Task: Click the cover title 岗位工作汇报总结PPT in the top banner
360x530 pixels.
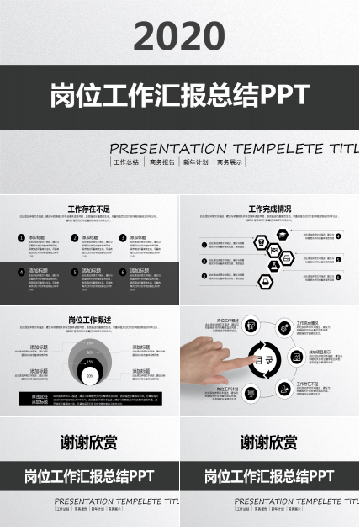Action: pyautogui.click(x=179, y=94)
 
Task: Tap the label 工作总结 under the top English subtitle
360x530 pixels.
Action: pyautogui.click(x=126, y=162)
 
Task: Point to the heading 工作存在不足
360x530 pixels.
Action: pyautogui.click(x=89, y=209)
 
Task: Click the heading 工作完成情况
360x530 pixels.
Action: pyautogui.click(x=270, y=209)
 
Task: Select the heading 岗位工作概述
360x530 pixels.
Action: pyautogui.click(x=89, y=320)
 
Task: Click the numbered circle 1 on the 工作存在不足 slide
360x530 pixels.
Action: pyautogui.click(x=21, y=238)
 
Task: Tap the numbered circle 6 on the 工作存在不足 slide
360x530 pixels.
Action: pyautogui.click(x=122, y=272)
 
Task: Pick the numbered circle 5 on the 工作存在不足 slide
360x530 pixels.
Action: pyautogui.click(x=74, y=272)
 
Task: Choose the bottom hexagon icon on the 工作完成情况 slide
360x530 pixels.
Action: pyautogui.click(x=264, y=283)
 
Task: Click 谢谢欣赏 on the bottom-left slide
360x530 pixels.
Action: pyautogui.click(x=89, y=442)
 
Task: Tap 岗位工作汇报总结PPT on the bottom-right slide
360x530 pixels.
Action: pyautogui.click(x=270, y=476)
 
